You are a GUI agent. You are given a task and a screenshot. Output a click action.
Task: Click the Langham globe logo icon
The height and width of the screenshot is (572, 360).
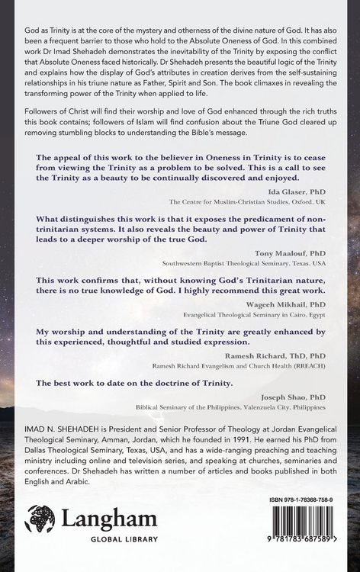point(39,522)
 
